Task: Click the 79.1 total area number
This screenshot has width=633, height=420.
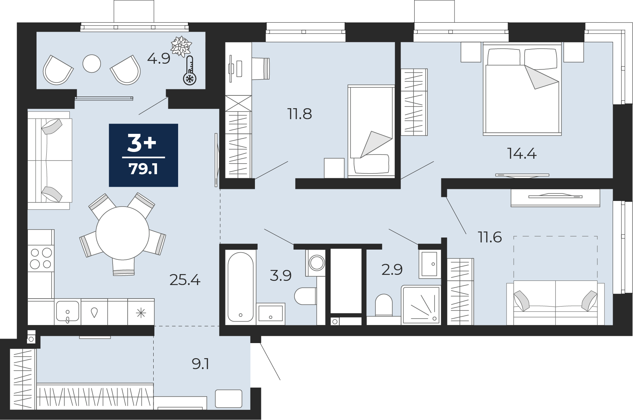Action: [x=143, y=169]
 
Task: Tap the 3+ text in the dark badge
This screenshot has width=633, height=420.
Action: [x=142, y=143]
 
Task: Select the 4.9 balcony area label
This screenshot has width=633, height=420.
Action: [x=159, y=59]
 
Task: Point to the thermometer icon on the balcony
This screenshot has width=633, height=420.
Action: [x=190, y=70]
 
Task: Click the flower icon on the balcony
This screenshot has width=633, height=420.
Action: [x=181, y=46]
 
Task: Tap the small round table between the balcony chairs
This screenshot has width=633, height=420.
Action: [x=92, y=63]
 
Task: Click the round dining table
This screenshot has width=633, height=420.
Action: [x=122, y=233]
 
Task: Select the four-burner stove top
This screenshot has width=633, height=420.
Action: [x=41, y=258]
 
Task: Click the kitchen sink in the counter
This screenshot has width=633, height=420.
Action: [x=67, y=311]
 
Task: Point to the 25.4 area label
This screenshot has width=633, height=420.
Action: [x=185, y=280]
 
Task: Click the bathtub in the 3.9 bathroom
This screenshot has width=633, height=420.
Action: [x=241, y=287]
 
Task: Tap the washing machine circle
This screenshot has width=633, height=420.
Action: [x=316, y=263]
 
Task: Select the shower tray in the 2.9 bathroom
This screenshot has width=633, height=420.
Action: [x=421, y=305]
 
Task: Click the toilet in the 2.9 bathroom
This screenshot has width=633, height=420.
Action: [x=384, y=305]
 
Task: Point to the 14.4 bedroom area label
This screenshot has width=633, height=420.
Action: [x=522, y=154]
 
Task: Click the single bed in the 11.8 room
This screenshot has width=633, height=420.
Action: [x=371, y=131]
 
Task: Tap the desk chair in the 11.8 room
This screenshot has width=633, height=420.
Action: [x=261, y=68]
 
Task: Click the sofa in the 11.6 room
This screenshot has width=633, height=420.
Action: [x=555, y=303]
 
